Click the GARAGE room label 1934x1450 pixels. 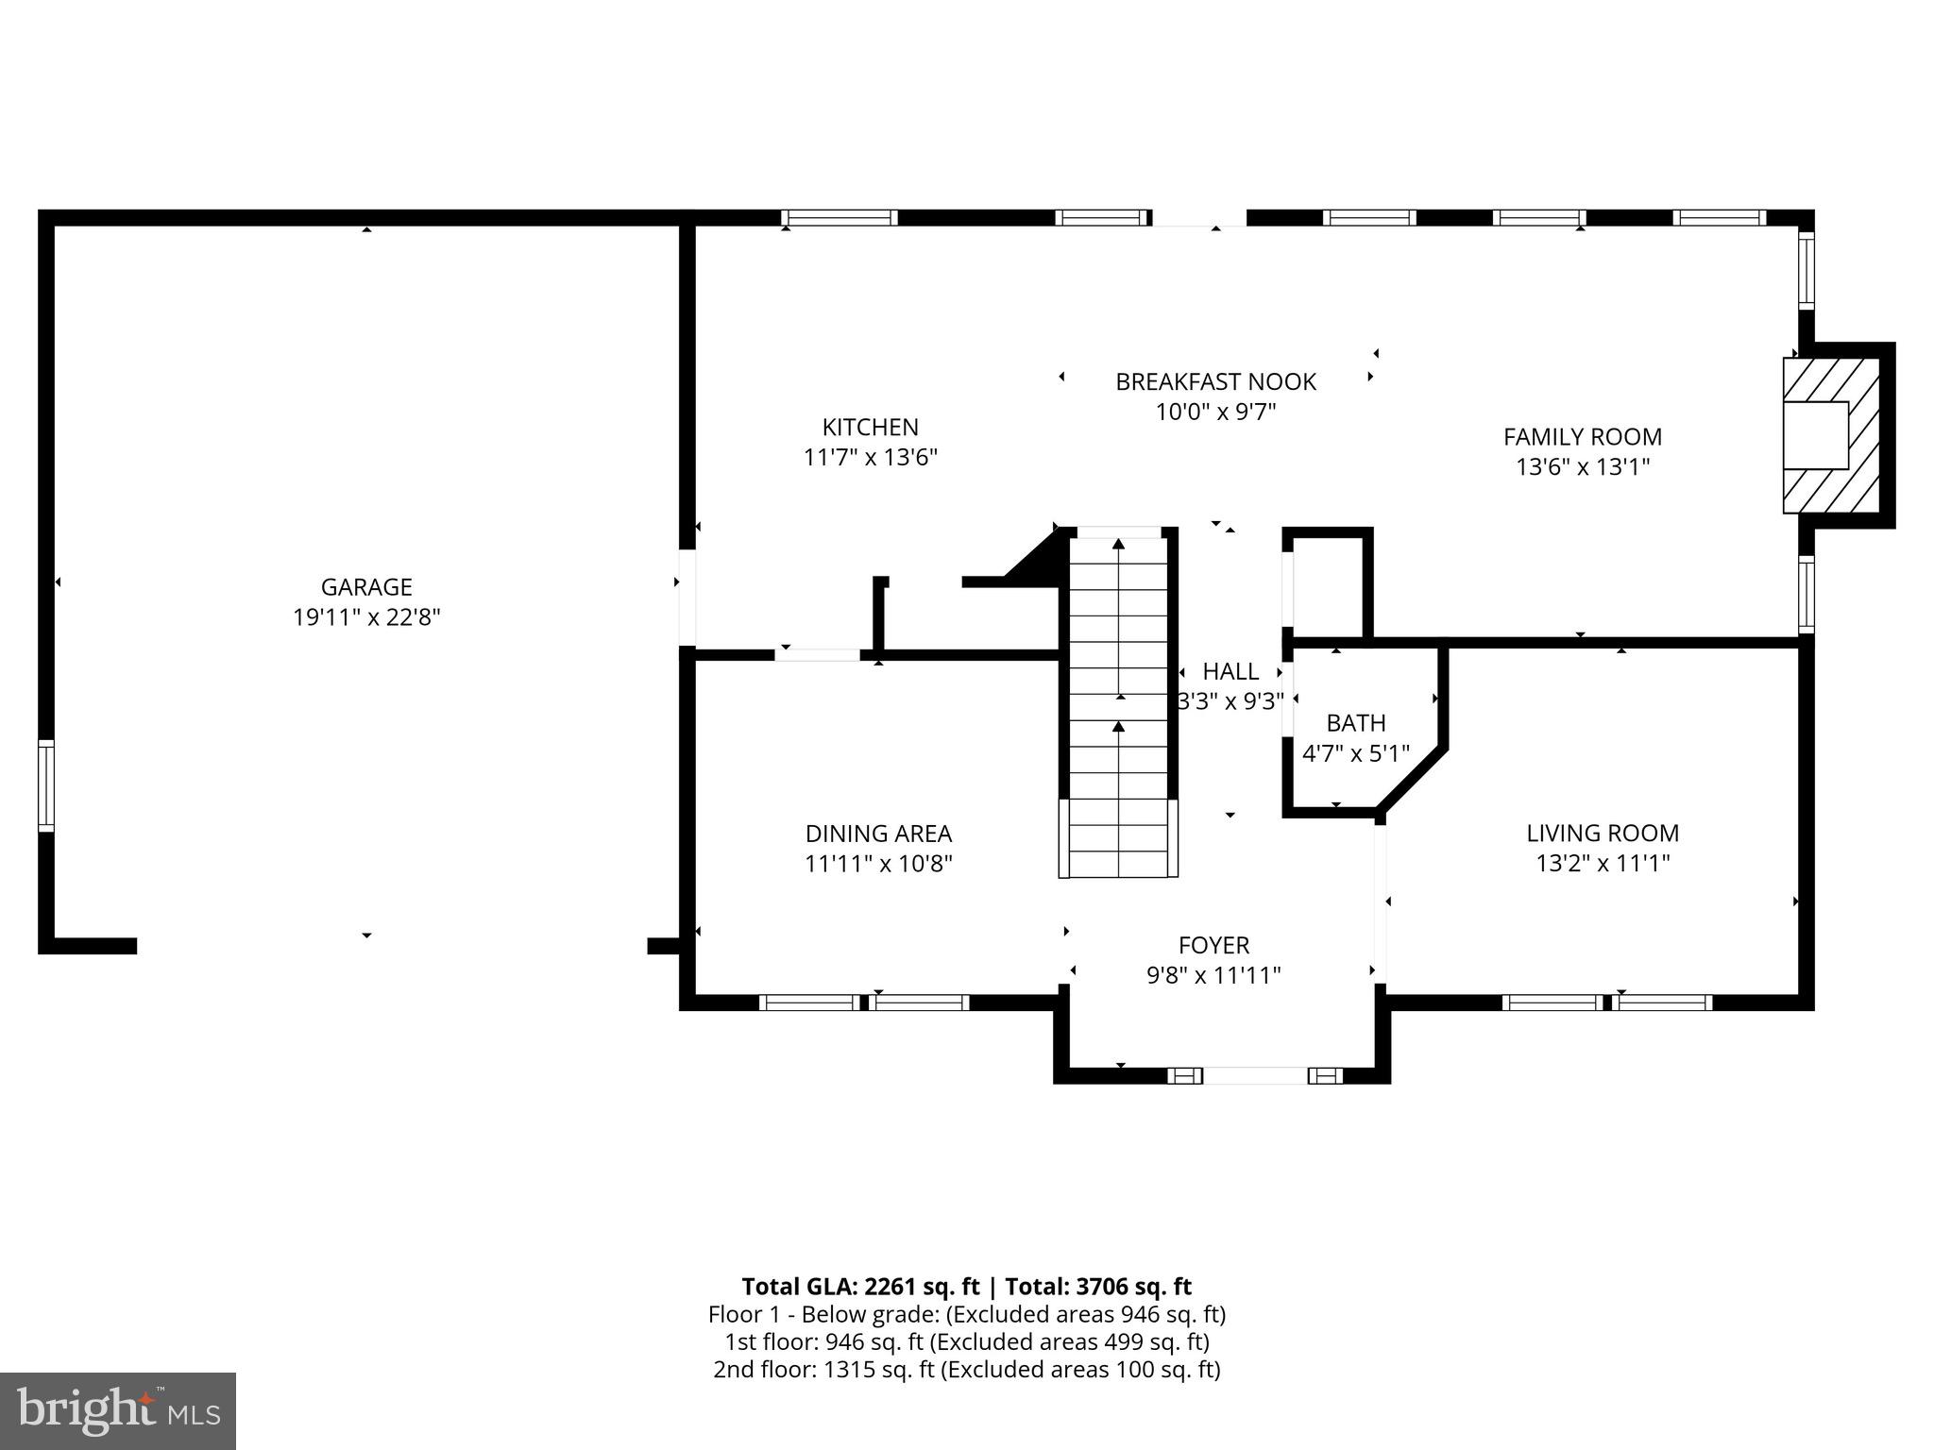(366, 587)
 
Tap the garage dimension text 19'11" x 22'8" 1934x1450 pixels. (366, 617)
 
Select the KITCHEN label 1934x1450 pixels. (870, 427)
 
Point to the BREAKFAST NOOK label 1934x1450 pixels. (1215, 381)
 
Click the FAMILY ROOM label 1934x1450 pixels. (1583, 437)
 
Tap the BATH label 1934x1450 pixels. (1356, 723)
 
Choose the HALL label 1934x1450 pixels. (1230, 671)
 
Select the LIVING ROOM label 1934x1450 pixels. (1603, 833)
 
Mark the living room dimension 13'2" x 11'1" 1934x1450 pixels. (1603, 863)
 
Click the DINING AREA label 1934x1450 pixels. (878, 834)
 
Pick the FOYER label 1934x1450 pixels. (1213, 945)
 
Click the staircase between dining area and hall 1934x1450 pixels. (1118, 708)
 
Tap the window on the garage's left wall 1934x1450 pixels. (45, 785)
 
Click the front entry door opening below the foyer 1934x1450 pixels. (1255, 1075)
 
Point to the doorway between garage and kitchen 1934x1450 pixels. (687, 598)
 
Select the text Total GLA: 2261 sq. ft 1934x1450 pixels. (860, 1287)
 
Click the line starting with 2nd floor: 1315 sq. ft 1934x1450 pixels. (966, 1369)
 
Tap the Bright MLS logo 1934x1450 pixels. (118, 1410)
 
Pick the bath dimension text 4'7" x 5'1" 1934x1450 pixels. (1356, 753)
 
